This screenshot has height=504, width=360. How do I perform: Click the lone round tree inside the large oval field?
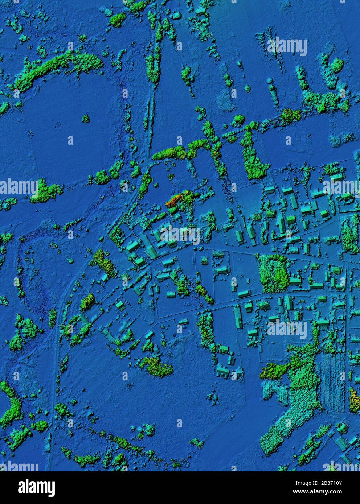coord(86,118)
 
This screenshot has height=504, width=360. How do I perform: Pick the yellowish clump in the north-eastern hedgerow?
coord(290,115)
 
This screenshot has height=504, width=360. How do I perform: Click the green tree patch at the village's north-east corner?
coord(350,236)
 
